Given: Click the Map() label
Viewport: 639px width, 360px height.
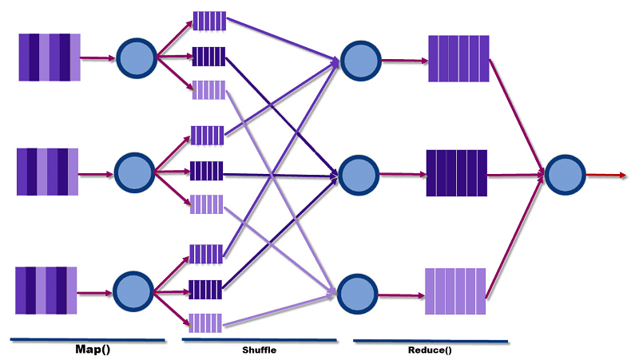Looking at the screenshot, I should point(93,350).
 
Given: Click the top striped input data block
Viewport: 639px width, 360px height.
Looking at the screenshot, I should point(50,57).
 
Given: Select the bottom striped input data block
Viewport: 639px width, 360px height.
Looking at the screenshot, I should point(46,291).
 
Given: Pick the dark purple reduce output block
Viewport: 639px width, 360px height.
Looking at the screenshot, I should point(457,172).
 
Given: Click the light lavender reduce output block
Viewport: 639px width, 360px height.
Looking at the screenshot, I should point(455,292).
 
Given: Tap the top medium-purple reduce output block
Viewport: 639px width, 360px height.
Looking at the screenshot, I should point(458,58).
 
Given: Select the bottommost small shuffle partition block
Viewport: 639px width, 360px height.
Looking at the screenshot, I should point(206,322).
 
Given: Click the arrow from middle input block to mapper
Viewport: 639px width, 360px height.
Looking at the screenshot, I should point(96,172).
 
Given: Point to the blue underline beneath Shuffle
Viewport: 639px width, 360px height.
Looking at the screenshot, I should point(260,341).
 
